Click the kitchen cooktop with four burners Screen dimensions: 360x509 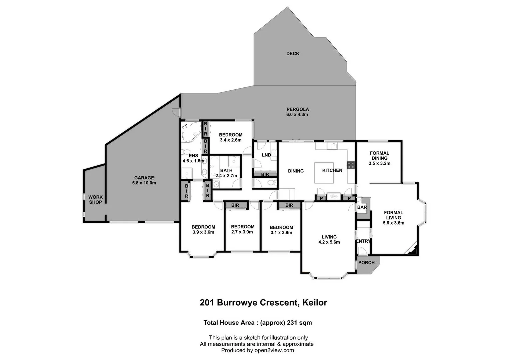click(351, 165)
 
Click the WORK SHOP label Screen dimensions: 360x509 click(95, 200)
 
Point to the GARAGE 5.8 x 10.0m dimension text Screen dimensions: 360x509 click(144, 183)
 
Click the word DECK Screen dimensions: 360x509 click(293, 53)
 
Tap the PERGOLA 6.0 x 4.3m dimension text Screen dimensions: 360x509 click(297, 115)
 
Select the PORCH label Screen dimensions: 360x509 click(366, 263)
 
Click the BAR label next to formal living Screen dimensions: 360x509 click(362, 207)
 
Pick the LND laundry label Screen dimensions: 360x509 click(266, 155)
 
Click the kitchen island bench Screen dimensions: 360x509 click(324, 173)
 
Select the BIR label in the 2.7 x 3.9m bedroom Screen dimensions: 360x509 click(235, 205)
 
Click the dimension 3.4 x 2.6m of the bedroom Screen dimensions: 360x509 click(230, 140)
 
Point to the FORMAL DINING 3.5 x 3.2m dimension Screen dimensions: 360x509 click(379, 163)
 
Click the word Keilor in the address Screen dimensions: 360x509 click(314, 303)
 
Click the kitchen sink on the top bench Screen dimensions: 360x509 click(332, 146)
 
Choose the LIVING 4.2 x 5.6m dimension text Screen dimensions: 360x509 click(329, 242)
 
